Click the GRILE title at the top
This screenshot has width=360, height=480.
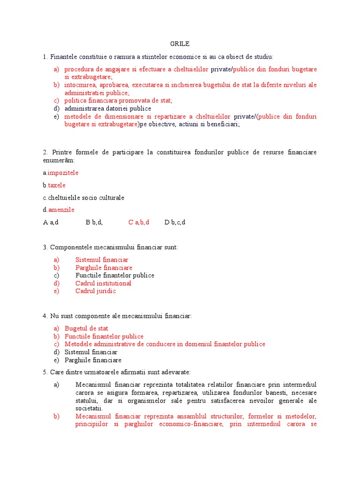point(180,44)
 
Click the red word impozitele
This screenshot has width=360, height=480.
point(63,173)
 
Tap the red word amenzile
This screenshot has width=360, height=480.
point(61,210)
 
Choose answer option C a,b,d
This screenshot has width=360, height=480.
point(139,222)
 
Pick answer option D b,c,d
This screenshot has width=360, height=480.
point(175,222)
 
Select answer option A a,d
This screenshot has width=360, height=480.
point(51,222)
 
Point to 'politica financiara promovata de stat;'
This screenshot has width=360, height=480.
point(119,100)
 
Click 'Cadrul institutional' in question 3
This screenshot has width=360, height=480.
point(103,283)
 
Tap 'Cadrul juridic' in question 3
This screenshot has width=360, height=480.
point(96,291)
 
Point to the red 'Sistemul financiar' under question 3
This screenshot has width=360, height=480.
point(102,260)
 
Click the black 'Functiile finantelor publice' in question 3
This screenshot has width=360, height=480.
point(115,275)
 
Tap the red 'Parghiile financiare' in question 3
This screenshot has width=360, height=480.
point(104,268)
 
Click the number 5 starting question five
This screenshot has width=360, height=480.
point(44,372)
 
